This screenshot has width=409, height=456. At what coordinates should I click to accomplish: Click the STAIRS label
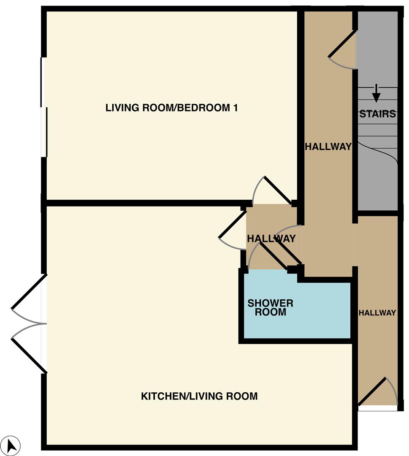pos(377,114)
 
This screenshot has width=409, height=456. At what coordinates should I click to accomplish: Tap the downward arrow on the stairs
pos(376,93)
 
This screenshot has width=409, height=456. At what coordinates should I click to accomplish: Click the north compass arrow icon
pos(11,445)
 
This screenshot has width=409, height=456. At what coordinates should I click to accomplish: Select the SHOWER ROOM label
pos(270,308)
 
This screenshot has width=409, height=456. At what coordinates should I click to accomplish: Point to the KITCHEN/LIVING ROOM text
pos(199,396)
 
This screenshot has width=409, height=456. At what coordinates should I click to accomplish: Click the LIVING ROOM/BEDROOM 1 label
pos(171,108)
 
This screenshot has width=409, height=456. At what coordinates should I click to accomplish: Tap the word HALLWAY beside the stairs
pos(328,146)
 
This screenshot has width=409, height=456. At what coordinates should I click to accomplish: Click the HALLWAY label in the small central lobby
pos(271,239)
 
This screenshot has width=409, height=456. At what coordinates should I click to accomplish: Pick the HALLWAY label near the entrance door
pos(377,312)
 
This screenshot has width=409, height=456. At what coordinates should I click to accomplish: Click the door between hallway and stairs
pos(342,43)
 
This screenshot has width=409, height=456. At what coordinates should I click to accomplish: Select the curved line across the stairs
pos(377,153)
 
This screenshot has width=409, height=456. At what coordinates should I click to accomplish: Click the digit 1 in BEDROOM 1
pos(236,108)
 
